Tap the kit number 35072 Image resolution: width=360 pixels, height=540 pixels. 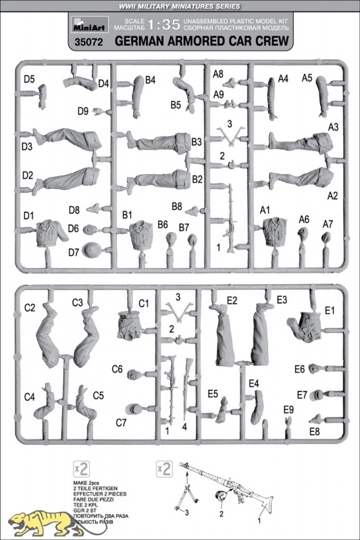(88, 42)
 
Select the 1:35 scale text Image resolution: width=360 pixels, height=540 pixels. (163, 24)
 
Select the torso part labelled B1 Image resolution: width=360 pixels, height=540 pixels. (141, 234)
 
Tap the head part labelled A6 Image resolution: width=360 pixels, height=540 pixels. (303, 234)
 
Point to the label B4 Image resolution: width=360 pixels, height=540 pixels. (151, 80)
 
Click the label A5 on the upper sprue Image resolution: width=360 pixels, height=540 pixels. (307, 78)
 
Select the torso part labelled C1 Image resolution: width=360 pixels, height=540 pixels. (128, 325)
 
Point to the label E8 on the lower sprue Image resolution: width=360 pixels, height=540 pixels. (315, 431)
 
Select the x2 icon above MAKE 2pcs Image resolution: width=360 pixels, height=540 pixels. (81, 468)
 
